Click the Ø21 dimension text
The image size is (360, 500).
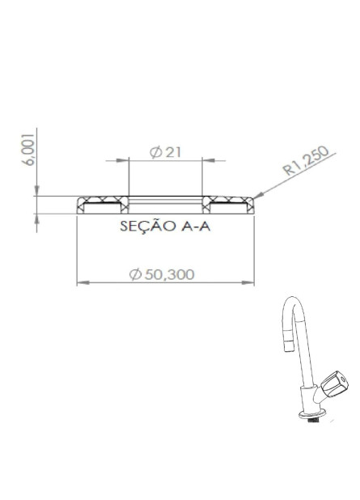click(165, 153)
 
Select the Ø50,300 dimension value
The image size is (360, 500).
click(162, 274)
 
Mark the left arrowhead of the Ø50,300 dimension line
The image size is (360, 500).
click(81, 283)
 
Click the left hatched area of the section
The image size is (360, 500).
click(102, 201)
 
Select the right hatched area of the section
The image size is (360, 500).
click(228, 201)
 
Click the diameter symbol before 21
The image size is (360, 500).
click(155, 153)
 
